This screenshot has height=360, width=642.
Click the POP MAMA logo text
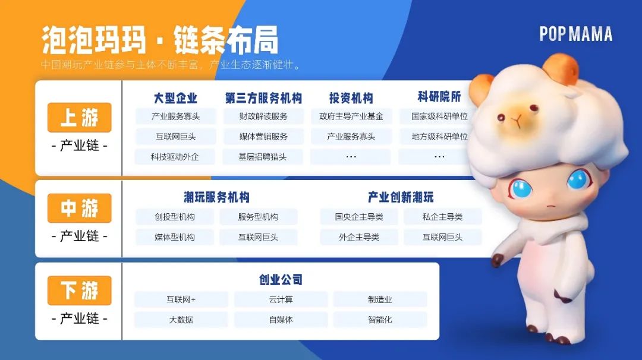click(575, 34)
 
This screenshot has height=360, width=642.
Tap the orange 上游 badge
click(80, 118)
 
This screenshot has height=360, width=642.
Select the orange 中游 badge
click(80, 209)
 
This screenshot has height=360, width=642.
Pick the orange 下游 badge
click(80, 290)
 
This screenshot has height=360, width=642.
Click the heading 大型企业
click(175, 98)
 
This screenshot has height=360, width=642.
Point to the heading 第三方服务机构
click(263, 98)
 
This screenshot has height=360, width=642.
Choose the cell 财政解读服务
click(263, 116)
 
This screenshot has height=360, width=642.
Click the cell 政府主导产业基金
click(351, 116)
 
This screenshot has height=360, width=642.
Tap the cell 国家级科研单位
click(439, 116)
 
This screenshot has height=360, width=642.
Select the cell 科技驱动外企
click(175, 157)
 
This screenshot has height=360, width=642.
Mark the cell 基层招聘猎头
click(263, 157)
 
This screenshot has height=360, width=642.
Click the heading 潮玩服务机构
click(216, 197)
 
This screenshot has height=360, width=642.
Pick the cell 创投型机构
click(175, 217)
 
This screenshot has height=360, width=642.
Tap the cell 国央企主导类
click(359, 217)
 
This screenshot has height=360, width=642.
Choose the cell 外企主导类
click(359, 237)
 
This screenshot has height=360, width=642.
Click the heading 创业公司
click(281, 280)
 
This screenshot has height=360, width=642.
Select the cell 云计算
click(281, 299)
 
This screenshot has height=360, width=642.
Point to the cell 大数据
click(181, 320)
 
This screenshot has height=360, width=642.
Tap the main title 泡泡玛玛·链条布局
click(160, 40)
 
